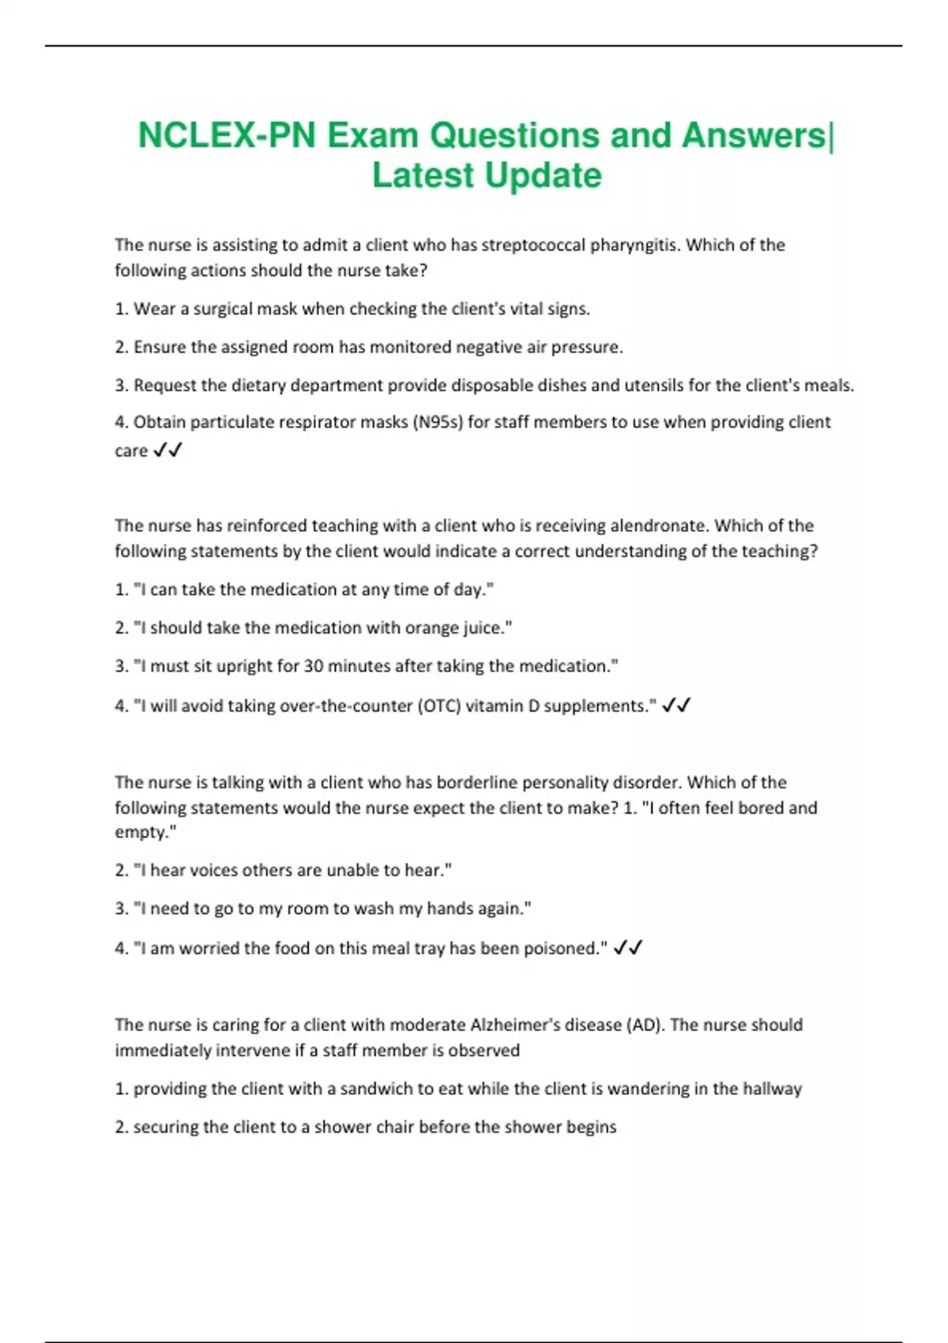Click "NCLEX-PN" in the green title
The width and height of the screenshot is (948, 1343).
[227, 135]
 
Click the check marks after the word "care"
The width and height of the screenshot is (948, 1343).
[167, 450]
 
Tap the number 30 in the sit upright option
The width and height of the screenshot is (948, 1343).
[314, 666]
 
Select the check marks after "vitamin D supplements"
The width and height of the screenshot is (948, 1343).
[676, 705]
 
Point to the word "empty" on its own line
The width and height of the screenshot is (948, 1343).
[142, 832]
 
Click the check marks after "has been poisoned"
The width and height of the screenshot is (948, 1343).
[628, 947]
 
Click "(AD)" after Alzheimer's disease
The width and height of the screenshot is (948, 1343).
[645, 1025]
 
